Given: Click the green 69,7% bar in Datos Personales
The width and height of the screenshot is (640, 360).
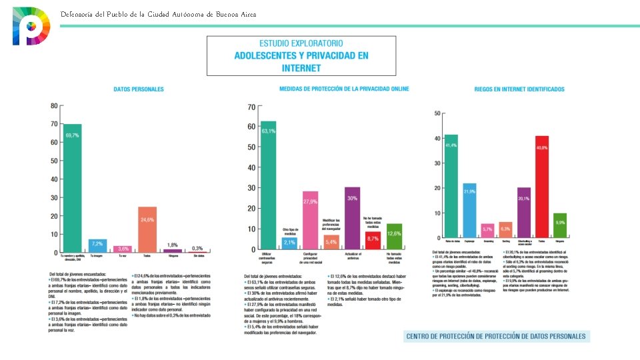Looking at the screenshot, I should (71, 189).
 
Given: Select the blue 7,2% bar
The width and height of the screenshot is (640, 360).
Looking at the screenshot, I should (97, 246).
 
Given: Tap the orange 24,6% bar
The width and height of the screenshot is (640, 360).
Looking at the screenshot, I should (147, 229).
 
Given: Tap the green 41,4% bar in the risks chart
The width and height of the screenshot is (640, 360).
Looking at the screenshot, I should (451, 186).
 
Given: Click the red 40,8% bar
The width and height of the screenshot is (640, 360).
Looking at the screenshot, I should (541, 187).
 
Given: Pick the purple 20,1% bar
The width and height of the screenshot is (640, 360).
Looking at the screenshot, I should (524, 213).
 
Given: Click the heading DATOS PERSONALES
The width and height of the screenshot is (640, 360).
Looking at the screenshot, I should (139, 89).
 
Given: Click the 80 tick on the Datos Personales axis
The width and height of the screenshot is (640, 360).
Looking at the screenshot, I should (53, 105).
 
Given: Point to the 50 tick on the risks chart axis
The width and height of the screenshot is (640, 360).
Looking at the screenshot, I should (437, 113).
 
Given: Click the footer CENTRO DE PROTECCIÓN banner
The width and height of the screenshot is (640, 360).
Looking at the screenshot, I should (497, 336).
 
